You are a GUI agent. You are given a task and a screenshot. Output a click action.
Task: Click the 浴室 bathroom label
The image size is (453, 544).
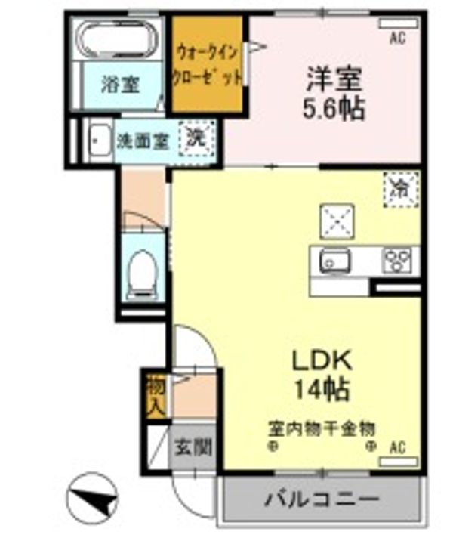(x=121, y=85)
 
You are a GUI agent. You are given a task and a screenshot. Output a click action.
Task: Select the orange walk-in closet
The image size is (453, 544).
(x=209, y=64)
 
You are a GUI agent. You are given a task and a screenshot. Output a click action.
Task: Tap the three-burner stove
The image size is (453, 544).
(x=397, y=261)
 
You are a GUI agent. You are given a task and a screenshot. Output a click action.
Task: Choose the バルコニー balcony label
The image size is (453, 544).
(x=321, y=499)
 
